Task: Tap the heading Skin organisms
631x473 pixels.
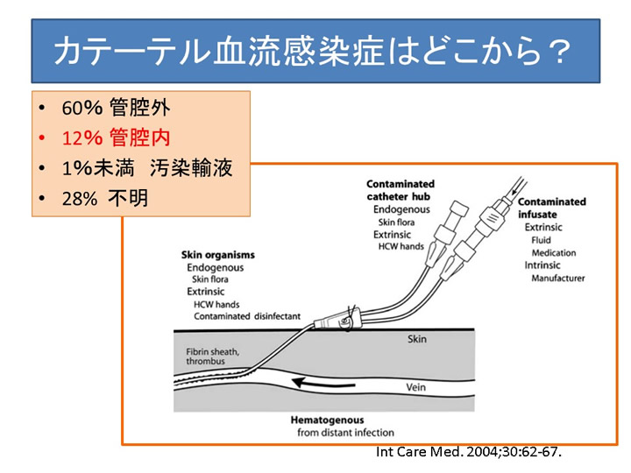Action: pos(218,255)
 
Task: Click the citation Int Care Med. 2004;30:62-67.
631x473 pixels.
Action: pos(468,453)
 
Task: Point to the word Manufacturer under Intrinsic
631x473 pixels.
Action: pos(558,279)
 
